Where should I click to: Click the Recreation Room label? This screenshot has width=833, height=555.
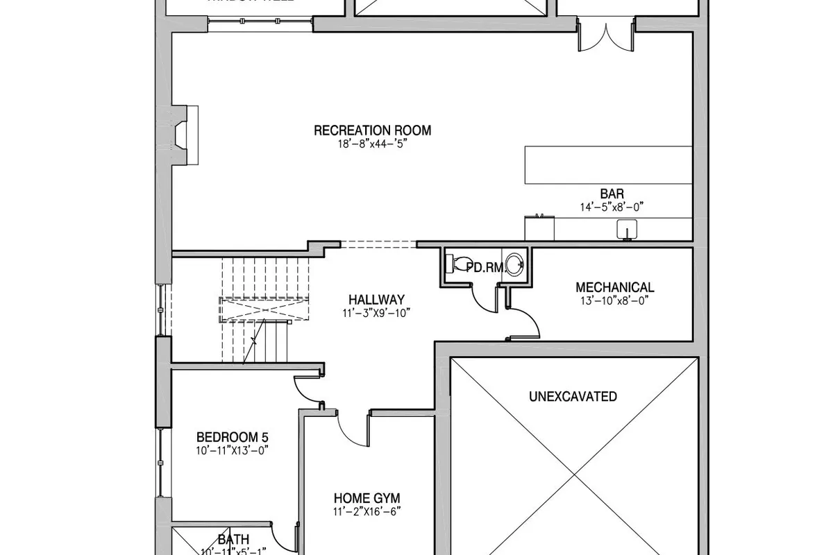coord(372,130)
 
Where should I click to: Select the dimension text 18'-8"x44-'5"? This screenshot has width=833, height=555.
coord(372,145)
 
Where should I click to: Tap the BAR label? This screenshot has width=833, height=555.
coord(612,194)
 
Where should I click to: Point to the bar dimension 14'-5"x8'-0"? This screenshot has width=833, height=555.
coord(612,207)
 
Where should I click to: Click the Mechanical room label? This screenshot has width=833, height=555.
coord(614,287)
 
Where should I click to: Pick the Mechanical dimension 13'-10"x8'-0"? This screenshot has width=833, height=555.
coord(614,300)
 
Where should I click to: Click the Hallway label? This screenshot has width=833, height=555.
coord(376,300)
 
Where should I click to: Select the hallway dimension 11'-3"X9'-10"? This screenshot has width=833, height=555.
coord(376,313)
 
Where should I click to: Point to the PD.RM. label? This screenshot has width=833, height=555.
coord(484,267)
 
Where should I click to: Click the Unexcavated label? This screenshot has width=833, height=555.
coord(573,397)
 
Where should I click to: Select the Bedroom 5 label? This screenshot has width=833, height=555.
coord(232,437)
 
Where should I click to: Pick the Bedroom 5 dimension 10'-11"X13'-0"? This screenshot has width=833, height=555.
coord(232,450)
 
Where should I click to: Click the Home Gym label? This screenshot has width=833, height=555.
coord(367,498)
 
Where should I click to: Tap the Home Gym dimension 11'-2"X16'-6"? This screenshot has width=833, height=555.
coord(367,512)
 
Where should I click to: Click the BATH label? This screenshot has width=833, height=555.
coord(233,540)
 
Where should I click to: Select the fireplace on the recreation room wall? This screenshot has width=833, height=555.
coord(183,135)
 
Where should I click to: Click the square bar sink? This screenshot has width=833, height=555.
coord(627,229)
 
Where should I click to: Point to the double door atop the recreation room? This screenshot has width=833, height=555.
coord(606,36)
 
